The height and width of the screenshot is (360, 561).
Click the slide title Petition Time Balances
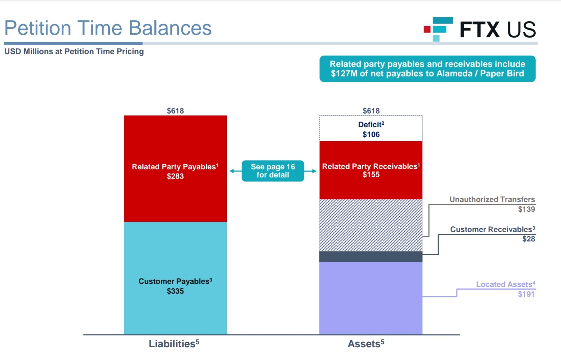[x=108, y=28]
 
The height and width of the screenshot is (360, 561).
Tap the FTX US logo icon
[x=438, y=29]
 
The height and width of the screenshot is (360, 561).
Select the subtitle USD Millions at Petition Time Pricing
[x=74, y=52]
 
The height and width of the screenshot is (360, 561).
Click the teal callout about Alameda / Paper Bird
[x=428, y=69]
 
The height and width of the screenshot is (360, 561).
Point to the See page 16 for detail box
[x=273, y=171]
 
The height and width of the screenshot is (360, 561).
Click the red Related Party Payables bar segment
[x=175, y=169]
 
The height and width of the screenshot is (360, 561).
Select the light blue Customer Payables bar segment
[x=175, y=278]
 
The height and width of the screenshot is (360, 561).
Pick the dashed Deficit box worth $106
[x=371, y=128]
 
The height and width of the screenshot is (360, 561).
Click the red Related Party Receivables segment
[x=371, y=170]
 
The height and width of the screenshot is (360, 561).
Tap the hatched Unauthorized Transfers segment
[x=371, y=225]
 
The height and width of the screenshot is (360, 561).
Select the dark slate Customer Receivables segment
[x=371, y=257]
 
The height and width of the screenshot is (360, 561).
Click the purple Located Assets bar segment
[x=371, y=298]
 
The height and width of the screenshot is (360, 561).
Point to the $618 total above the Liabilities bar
[x=175, y=111]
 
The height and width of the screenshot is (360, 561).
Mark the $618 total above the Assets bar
[x=371, y=111]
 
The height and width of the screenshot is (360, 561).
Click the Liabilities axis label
[x=174, y=344]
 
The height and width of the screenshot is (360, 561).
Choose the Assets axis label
[x=366, y=344]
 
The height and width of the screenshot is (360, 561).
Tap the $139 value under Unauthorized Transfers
[x=526, y=209]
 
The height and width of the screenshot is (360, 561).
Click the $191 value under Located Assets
[x=526, y=294]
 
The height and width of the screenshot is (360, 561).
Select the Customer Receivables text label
[x=493, y=229]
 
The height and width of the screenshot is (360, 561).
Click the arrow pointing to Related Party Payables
[x=236, y=171]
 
